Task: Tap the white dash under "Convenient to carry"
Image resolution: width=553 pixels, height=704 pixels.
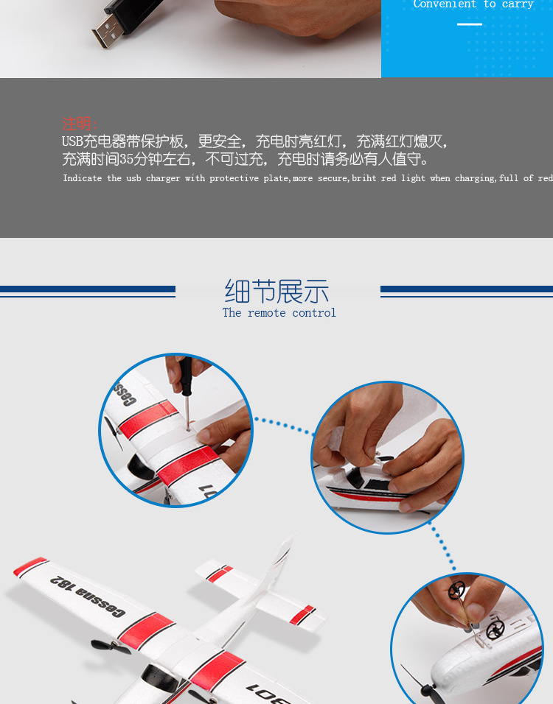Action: pos(469,24)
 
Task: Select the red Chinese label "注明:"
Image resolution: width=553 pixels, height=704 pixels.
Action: pos(80,124)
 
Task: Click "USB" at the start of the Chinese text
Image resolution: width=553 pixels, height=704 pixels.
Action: pos(72,141)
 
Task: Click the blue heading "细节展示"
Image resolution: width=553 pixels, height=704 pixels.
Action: pos(276,292)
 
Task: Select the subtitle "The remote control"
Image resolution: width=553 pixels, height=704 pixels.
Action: pos(279,313)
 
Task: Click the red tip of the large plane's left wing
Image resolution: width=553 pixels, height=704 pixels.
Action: pos(29,566)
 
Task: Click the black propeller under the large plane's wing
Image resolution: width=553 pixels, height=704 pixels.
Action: pos(110,647)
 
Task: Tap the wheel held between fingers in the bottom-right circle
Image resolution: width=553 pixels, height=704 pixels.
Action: pos(456,591)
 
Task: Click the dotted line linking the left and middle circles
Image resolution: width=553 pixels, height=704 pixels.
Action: pos(282,425)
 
